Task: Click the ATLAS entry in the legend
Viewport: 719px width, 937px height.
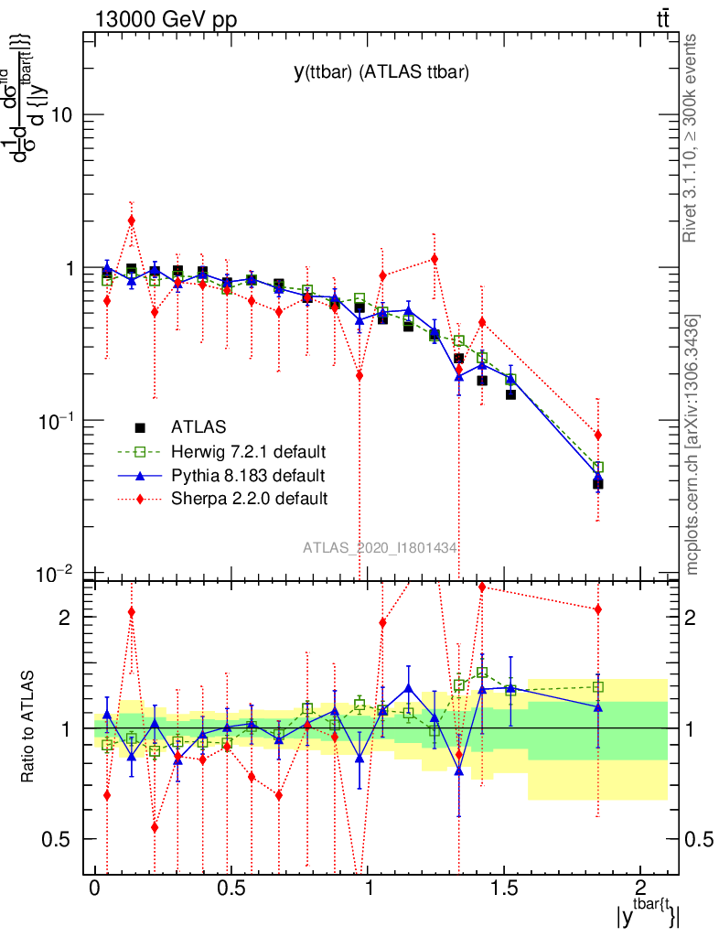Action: tap(198, 426)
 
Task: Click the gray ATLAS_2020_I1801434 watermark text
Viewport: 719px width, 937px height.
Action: tap(381, 547)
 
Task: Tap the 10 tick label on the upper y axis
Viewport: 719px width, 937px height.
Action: tap(67, 115)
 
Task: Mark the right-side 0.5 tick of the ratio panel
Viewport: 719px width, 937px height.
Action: tap(698, 839)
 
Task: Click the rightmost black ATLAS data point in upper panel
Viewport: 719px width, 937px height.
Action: tap(597, 484)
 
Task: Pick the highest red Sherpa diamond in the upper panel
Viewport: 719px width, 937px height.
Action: tap(132, 220)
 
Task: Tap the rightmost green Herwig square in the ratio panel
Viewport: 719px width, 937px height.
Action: tap(598, 686)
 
